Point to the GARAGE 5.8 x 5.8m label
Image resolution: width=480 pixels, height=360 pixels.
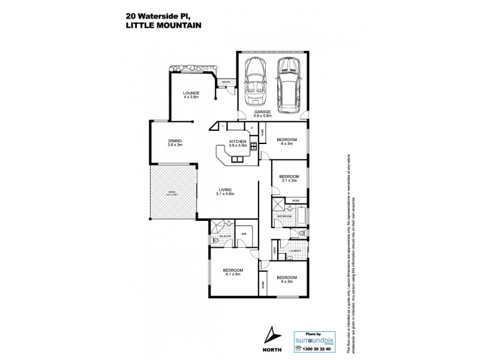click(262, 114)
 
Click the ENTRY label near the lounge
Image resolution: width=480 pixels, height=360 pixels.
click(226, 82)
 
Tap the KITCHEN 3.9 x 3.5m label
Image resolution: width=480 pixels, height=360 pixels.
click(238, 144)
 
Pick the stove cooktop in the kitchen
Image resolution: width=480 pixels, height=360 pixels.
click(254, 146)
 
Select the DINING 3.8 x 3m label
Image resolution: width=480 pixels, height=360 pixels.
click(175, 143)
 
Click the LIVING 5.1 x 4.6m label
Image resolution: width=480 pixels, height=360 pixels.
click(225, 191)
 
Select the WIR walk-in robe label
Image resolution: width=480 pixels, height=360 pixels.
click(244, 234)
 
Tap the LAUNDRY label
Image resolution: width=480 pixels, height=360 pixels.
click(295, 251)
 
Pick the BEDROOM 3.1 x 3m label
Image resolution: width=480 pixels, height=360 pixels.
click(290, 178)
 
